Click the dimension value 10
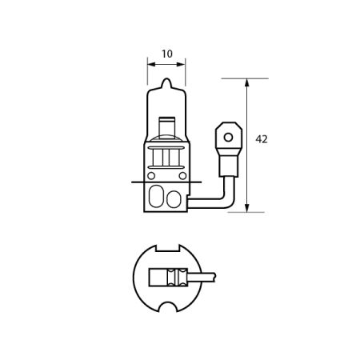[x=166, y=54]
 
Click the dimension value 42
[x=261, y=139]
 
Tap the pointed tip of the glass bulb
[x=166, y=81]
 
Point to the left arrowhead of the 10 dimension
[x=150, y=62]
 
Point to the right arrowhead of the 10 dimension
[x=182, y=62]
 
